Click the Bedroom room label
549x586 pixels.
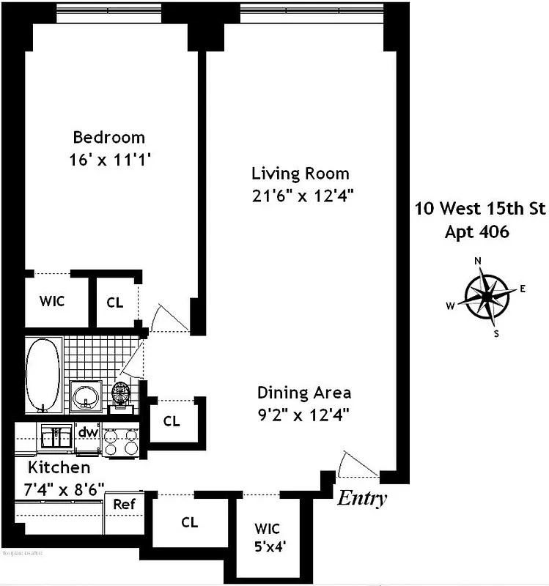108,137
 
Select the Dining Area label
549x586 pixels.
303,393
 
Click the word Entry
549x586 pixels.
361,499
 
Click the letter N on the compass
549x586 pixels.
478,261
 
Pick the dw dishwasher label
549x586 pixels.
88,432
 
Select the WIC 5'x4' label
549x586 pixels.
267,536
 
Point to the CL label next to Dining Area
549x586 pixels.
172,421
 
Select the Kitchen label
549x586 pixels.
59,467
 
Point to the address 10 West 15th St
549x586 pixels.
480,209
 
